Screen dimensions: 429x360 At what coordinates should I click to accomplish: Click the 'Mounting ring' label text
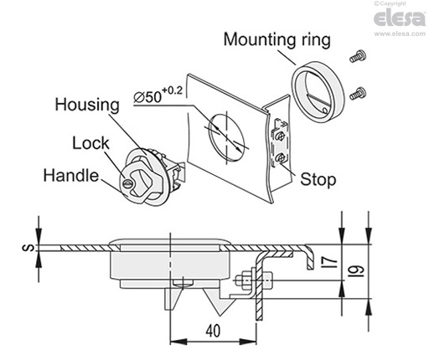coord(277,39)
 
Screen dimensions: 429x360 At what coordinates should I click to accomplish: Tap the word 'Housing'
coord(87,105)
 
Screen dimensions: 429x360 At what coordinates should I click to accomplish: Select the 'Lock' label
coord(90,143)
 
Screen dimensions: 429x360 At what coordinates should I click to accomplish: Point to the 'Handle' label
coord(71,176)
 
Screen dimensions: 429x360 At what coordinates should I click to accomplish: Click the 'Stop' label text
coord(318,179)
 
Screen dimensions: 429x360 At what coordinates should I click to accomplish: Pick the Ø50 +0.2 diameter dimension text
coord(158,95)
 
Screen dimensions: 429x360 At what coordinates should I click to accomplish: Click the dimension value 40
coord(213,331)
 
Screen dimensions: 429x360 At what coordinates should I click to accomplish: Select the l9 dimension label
coord(357,270)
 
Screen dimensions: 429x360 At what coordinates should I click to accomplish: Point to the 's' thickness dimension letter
coord(28,248)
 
